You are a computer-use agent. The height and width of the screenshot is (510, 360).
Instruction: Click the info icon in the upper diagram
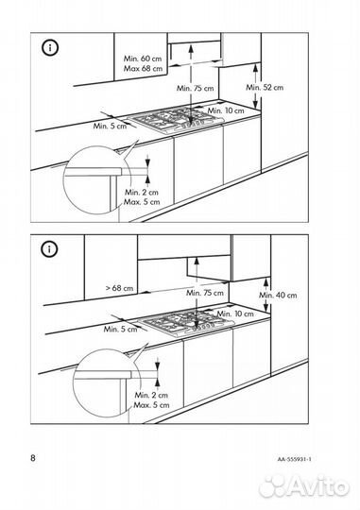coord(50,48)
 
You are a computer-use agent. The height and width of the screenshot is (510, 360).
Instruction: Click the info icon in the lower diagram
coord(49,249)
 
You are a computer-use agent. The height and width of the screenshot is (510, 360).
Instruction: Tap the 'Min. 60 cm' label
coord(143,59)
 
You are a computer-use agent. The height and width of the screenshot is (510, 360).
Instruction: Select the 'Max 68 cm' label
coord(143,69)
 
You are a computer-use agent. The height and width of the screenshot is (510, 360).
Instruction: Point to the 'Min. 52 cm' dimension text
coord(265,87)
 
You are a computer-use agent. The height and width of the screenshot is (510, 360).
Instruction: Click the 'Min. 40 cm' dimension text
coord(278,295)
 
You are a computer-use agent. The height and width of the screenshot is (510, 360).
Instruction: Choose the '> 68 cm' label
coord(119,288)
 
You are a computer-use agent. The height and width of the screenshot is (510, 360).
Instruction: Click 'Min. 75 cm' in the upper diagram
coord(196,88)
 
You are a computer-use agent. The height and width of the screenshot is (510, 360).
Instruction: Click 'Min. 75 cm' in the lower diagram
coord(205,293)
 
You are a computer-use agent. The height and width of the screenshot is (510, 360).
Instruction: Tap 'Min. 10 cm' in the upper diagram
coord(226,110)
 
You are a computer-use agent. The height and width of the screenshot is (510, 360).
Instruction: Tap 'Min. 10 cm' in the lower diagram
coord(235,314)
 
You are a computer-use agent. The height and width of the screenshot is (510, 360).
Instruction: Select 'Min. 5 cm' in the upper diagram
coord(110,126)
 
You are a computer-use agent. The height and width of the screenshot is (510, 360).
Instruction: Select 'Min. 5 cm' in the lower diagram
coord(120,329)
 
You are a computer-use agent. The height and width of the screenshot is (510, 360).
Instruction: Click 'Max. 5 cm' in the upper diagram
coord(142,202)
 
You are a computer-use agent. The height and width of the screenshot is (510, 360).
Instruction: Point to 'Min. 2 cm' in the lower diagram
coord(151,395)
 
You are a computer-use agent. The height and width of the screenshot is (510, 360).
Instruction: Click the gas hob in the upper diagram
coord(176,120)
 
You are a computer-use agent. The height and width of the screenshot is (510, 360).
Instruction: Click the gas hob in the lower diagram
coord(186,323)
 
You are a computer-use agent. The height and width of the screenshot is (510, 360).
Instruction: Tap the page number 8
coord(33,458)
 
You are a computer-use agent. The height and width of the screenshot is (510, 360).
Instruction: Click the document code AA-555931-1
coord(295,459)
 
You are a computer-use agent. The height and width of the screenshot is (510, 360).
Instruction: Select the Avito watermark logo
coord(304,486)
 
